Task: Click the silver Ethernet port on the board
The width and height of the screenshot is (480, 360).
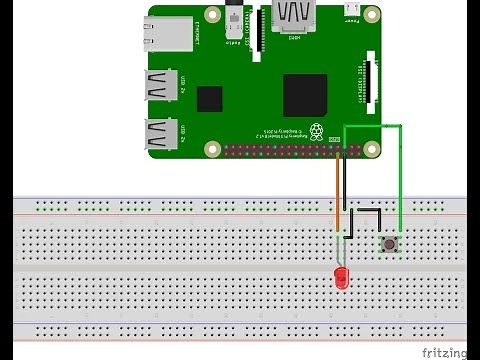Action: click(168, 34)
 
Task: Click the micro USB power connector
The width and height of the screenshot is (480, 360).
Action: click(351, 10)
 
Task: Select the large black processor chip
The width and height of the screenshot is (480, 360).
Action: click(305, 95)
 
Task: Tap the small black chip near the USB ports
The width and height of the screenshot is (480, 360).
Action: click(210, 99)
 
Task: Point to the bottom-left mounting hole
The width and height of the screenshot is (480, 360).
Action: click(212, 150)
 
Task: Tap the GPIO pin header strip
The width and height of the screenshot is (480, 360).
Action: click(290, 150)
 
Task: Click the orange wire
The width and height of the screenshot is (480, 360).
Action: click(337, 200)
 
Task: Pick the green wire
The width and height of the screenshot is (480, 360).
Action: click(400, 180)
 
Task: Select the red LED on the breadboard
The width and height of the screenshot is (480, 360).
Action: click(342, 278)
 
